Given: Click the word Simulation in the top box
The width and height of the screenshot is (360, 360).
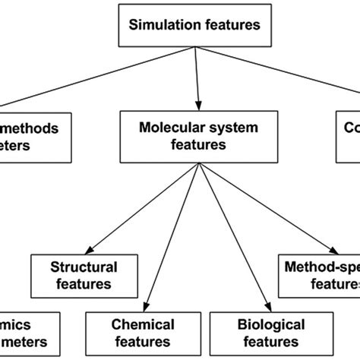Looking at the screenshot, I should coord(159,24).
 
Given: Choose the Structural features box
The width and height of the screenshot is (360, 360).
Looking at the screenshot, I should coord(84,276).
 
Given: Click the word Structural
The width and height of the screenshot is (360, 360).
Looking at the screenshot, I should coord(84,267).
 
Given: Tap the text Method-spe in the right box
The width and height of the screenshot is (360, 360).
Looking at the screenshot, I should coord(319,267).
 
